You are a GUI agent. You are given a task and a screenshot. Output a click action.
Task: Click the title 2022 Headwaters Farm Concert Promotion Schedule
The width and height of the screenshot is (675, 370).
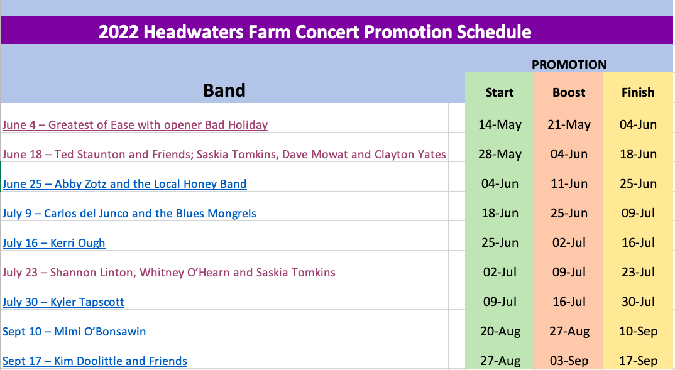point(315,32)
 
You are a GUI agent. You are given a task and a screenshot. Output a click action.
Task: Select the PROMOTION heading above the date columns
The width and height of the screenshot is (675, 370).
point(569,65)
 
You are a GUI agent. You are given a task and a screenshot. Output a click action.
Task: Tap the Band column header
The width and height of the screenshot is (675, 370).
point(224,90)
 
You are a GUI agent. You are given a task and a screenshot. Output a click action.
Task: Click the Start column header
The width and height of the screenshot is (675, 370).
point(500,92)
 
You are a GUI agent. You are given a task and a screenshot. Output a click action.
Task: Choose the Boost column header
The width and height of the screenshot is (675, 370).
point(569,92)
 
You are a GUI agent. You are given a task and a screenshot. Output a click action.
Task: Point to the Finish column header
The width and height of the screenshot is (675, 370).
point(637,92)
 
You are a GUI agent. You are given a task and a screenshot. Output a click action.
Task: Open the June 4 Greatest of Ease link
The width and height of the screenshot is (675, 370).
point(134,125)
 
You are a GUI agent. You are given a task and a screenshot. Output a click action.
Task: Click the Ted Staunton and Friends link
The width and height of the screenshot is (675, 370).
point(224,155)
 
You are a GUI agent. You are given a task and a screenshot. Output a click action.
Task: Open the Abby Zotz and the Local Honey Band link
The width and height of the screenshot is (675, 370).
point(124,184)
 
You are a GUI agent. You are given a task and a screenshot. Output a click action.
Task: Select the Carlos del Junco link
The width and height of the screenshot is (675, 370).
point(129,214)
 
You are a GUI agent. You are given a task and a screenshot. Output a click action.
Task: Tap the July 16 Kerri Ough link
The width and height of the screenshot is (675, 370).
point(54,243)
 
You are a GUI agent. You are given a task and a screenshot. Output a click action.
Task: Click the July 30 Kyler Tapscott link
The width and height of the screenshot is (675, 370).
point(63,302)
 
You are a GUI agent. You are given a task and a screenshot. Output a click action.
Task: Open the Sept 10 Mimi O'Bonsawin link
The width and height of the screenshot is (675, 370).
point(74,332)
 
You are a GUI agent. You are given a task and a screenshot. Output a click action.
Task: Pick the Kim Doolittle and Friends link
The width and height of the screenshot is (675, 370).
point(95,361)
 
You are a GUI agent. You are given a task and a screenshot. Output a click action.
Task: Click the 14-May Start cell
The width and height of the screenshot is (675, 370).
point(500,125)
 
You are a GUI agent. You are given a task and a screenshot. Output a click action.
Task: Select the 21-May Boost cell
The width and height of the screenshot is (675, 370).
point(569,125)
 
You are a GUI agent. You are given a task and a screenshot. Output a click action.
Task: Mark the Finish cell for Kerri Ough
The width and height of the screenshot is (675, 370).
point(638,242)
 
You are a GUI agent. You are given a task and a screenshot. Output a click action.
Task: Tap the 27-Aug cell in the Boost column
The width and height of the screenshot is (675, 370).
point(569,332)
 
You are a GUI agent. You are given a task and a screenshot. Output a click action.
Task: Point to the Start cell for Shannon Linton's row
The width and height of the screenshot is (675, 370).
point(500,273)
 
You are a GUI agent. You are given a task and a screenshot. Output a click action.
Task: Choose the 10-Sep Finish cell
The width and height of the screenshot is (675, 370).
point(638,332)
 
